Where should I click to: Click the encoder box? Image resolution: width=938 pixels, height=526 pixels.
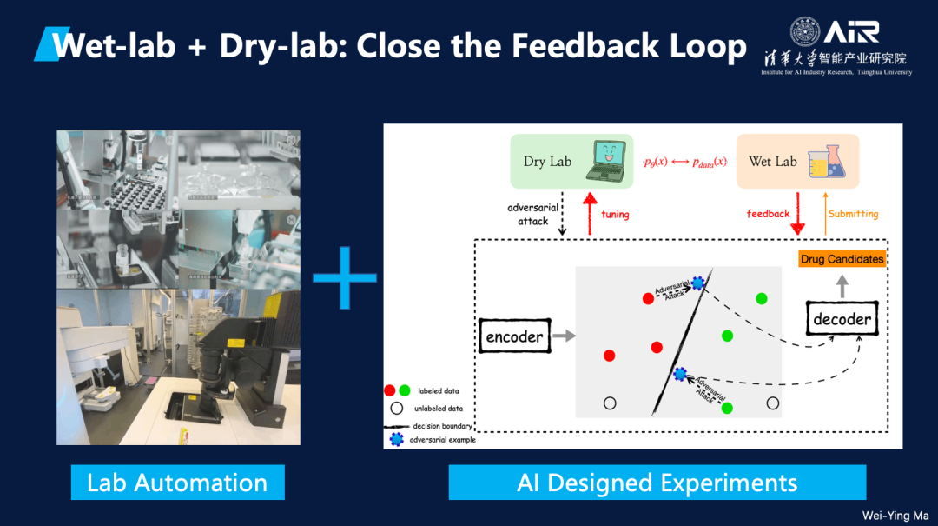click(515, 336)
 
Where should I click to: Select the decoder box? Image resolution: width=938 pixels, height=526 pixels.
click(842, 319)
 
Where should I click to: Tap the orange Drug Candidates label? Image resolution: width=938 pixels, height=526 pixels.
click(842, 259)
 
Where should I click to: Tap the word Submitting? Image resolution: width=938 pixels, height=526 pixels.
click(853, 214)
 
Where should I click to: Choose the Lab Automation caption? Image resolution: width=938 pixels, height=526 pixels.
click(177, 483)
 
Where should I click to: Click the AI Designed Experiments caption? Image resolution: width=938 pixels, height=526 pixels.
click(657, 483)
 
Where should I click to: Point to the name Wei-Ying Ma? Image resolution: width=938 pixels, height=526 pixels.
click(895, 516)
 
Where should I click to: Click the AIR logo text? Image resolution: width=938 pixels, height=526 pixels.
click(852, 32)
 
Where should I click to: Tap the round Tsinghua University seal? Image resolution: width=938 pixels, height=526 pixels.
click(804, 32)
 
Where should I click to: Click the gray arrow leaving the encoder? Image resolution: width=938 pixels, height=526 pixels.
click(563, 336)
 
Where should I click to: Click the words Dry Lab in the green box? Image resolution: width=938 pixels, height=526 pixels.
click(547, 161)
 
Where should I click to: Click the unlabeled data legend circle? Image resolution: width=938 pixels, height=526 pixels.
click(397, 408)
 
